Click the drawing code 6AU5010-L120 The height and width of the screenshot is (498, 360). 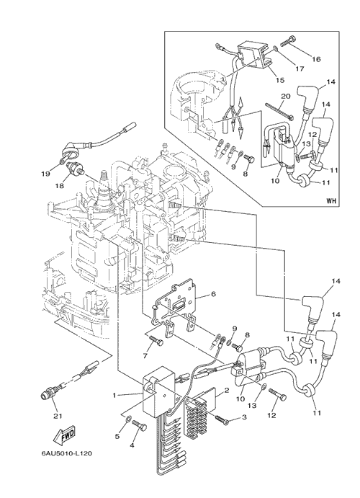(67, 453)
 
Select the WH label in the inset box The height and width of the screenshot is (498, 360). (330, 201)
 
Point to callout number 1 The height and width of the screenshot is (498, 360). (114, 396)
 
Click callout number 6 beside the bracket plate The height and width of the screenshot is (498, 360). (213, 294)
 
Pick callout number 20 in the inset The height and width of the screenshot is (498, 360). (286, 96)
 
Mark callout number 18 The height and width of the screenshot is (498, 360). (60, 185)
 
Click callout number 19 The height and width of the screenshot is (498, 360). (45, 174)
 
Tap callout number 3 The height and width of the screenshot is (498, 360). (244, 417)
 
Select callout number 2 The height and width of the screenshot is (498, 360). (227, 391)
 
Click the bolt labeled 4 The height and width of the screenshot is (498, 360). (140, 426)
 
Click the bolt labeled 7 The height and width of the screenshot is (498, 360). (156, 340)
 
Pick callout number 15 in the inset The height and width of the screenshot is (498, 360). (280, 80)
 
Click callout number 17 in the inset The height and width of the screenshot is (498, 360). (300, 68)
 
